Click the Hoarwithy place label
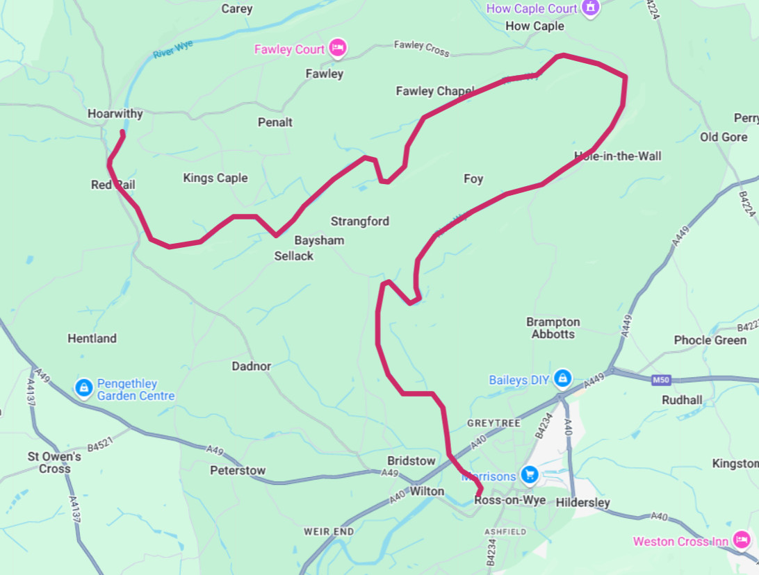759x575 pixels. (115, 114)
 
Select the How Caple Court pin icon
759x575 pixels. (591, 8)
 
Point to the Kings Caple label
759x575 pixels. (215, 178)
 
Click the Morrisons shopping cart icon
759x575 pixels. (530, 475)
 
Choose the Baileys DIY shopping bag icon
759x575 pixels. (563, 379)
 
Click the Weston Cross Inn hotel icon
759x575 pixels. (742, 540)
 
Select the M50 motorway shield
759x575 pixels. (661, 380)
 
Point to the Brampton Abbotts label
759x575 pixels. (553, 328)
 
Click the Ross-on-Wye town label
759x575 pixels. (509, 500)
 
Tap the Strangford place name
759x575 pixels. (360, 222)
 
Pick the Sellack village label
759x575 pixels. (294, 256)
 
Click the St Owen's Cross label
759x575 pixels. (54, 462)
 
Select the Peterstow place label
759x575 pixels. (238, 470)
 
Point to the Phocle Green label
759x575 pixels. (710, 340)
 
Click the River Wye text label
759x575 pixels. (172, 50)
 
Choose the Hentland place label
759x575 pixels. (92, 338)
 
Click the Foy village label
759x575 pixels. (473, 179)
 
